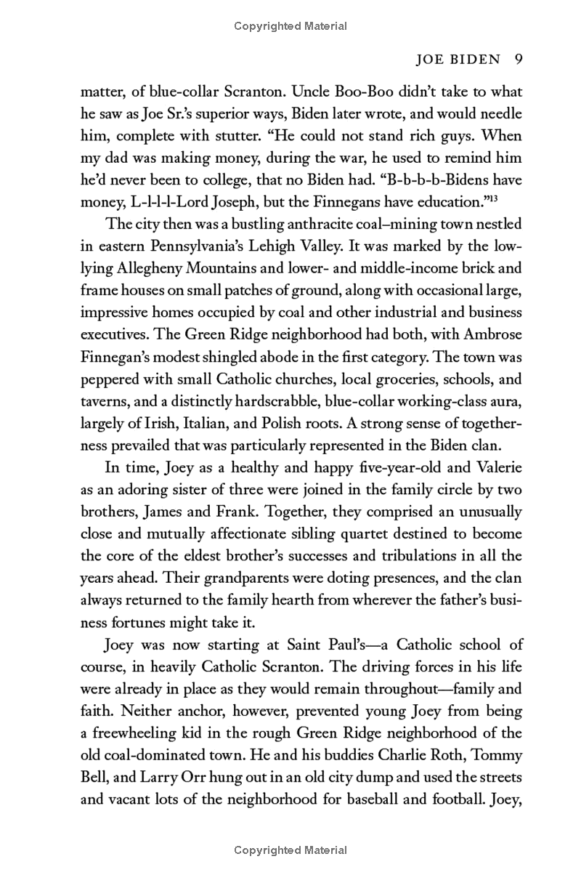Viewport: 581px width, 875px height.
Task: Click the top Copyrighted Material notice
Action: point(290,26)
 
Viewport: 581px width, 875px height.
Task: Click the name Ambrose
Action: point(494,335)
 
